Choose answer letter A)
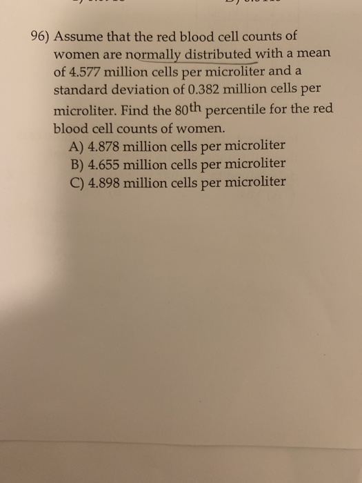78,146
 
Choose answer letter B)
78,165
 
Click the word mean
310,54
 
